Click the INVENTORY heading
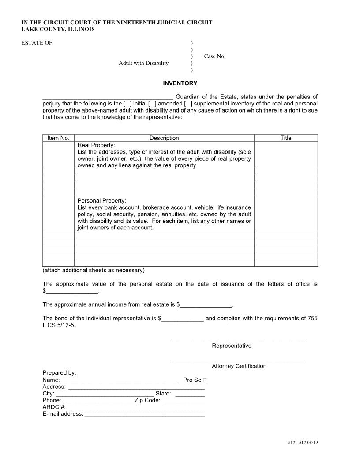pyautogui.click(x=180, y=83)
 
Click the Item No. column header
pyautogui.click(x=58, y=138)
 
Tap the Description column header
pyautogui.click(x=164, y=138)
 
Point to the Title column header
pyautogui.click(x=286, y=138)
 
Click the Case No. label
pyautogui.click(x=214, y=56)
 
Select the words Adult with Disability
pyautogui.click(x=143, y=63)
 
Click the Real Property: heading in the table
pyautogui.click(x=96, y=145)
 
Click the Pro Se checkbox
pyautogui.click(x=206, y=380)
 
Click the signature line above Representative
pyautogui.click(x=236, y=341)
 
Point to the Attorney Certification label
pyautogui.click(x=239, y=366)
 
